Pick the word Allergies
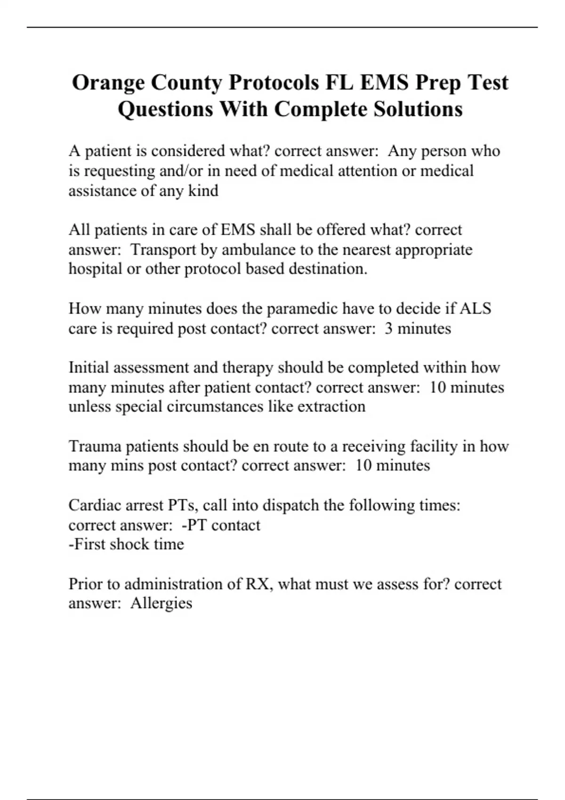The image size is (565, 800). coord(161,603)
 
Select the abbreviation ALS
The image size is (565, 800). coord(475,309)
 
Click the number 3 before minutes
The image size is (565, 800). coord(388,328)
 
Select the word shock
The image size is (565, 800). coord(129,544)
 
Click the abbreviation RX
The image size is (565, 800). coord(258,584)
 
